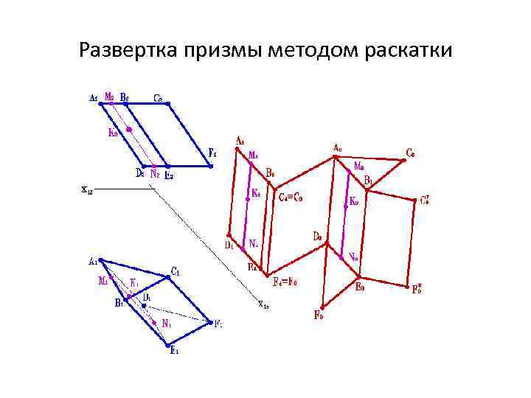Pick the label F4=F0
point(284,281)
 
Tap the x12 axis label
point(86,189)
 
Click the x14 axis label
point(263,303)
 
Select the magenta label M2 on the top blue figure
point(109,95)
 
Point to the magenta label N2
point(155,175)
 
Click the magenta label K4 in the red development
point(256,192)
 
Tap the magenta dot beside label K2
point(129,130)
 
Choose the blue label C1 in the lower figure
point(175,270)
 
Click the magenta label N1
point(167,323)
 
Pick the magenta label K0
point(354,199)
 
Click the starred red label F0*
point(418,288)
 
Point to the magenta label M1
point(103,281)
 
